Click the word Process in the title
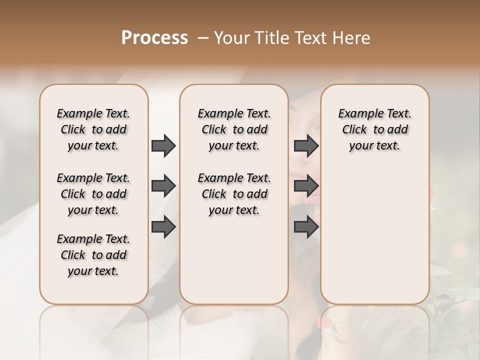coord(154,37)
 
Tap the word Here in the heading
coord(352,38)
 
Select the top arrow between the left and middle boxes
coord(163,145)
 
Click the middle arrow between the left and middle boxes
coord(163,186)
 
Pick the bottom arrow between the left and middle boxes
coord(163,227)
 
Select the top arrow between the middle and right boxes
coord(306,145)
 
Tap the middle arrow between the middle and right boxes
coord(306,186)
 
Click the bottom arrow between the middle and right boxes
coord(306,227)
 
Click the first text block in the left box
coord(93,129)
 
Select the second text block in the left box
coord(93,194)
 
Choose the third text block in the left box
coord(93,255)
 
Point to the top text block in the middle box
coord(234,129)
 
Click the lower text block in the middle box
coord(234,194)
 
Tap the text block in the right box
coord(374,129)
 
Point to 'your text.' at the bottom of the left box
coord(93,271)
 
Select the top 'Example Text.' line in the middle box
coord(234,114)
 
